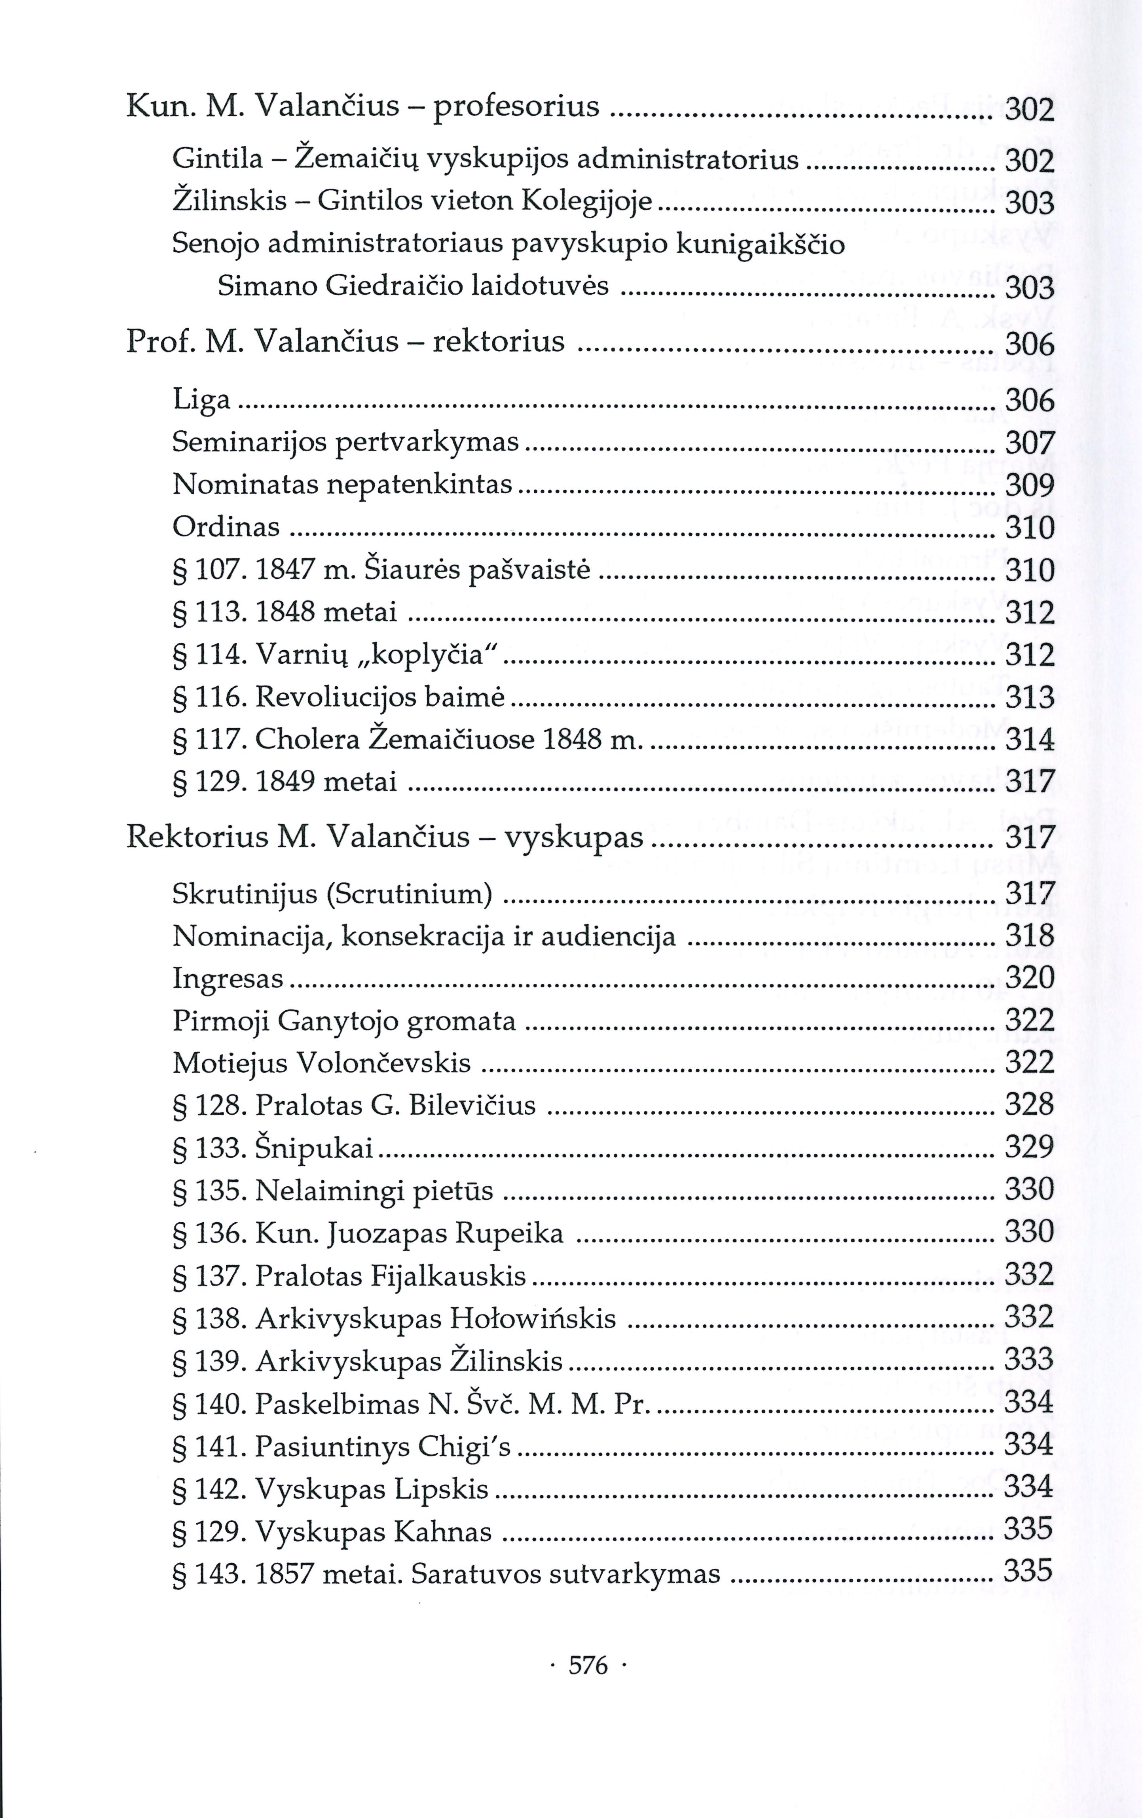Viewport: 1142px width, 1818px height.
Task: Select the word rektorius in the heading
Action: point(499,341)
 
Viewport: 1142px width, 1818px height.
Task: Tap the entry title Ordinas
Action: point(226,526)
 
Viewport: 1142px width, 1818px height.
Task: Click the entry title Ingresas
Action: point(228,979)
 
